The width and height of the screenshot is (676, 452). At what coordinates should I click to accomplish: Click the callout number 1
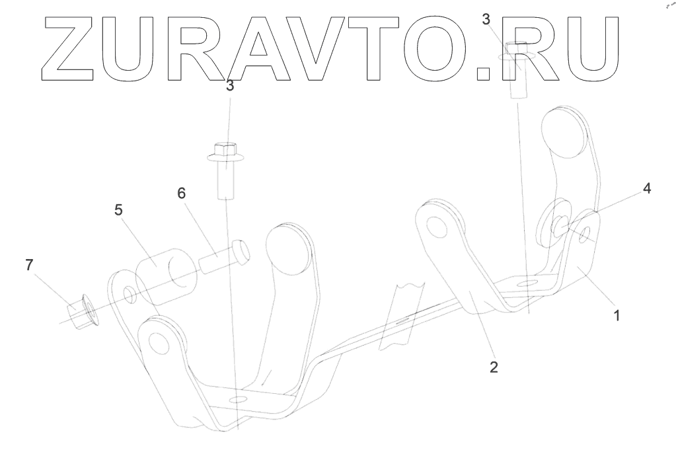click(x=616, y=316)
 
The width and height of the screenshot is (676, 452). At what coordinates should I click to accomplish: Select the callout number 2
click(x=493, y=367)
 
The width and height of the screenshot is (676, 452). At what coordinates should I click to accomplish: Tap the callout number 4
click(x=647, y=188)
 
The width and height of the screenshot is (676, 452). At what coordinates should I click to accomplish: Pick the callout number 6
click(x=181, y=193)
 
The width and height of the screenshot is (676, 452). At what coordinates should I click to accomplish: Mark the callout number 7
click(x=28, y=265)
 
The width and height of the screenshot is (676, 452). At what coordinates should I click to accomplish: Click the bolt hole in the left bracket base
click(x=237, y=400)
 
